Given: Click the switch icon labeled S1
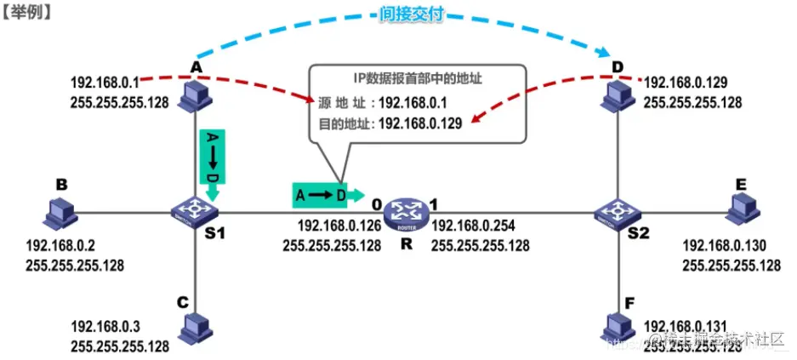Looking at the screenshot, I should [x=196, y=209].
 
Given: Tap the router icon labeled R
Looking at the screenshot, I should [x=401, y=210].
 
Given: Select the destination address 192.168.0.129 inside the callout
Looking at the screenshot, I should [x=419, y=123].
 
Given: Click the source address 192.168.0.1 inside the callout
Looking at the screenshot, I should [x=413, y=102].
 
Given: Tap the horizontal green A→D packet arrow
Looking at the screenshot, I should [x=327, y=194].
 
